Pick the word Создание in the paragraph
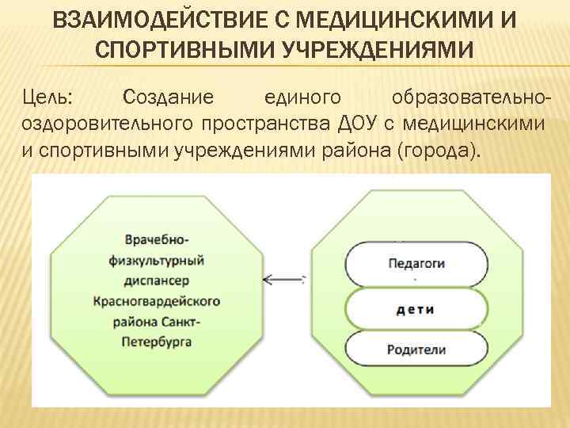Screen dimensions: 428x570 pos(168,98)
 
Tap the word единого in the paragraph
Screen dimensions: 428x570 pos(303,98)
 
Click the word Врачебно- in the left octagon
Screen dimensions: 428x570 pos(157,239)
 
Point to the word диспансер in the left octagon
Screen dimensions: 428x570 pos(157,281)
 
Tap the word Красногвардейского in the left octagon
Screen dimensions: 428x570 pos(157,301)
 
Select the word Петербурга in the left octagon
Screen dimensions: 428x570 pos(157,342)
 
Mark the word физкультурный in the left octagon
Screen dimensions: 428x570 pos(157,260)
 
